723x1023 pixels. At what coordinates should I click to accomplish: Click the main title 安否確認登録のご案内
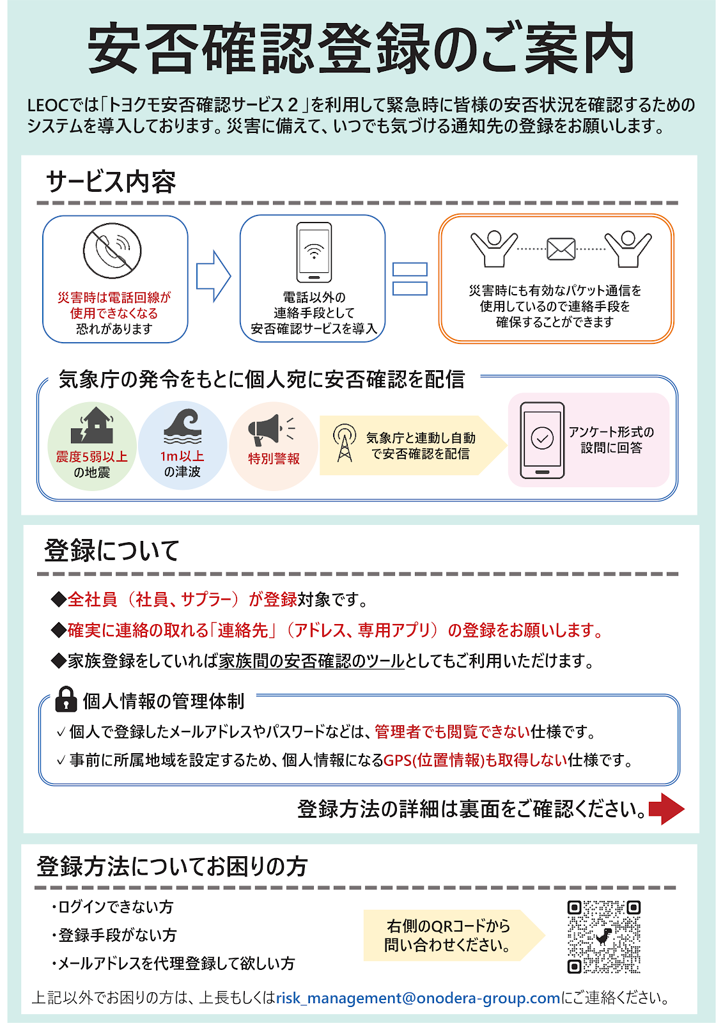(x=361, y=49)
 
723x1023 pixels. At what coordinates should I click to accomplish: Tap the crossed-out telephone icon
(x=112, y=251)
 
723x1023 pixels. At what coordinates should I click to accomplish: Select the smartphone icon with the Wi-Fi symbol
(x=314, y=252)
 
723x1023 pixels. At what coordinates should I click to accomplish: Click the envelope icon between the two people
(x=561, y=249)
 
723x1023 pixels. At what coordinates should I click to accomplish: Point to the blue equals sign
(x=410, y=279)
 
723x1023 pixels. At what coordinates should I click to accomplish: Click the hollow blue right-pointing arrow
(x=213, y=276)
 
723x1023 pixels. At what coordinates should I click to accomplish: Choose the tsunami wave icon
(x=182, y=426)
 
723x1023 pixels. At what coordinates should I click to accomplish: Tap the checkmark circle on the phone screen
(x=542, y=439)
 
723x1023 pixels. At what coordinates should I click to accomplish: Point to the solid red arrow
(x=666, y=809)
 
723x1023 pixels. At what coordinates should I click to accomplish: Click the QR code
(x=603, y=937)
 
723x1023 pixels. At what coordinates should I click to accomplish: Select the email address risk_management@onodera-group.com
(x=418, y=998)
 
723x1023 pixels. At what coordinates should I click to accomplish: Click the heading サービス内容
(x=111, y=182)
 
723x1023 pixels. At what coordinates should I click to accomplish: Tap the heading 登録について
(x=112, y=551)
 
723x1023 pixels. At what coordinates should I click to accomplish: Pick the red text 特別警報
(x=274, y=458)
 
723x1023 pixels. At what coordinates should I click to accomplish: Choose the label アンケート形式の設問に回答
(x=611, y=440)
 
